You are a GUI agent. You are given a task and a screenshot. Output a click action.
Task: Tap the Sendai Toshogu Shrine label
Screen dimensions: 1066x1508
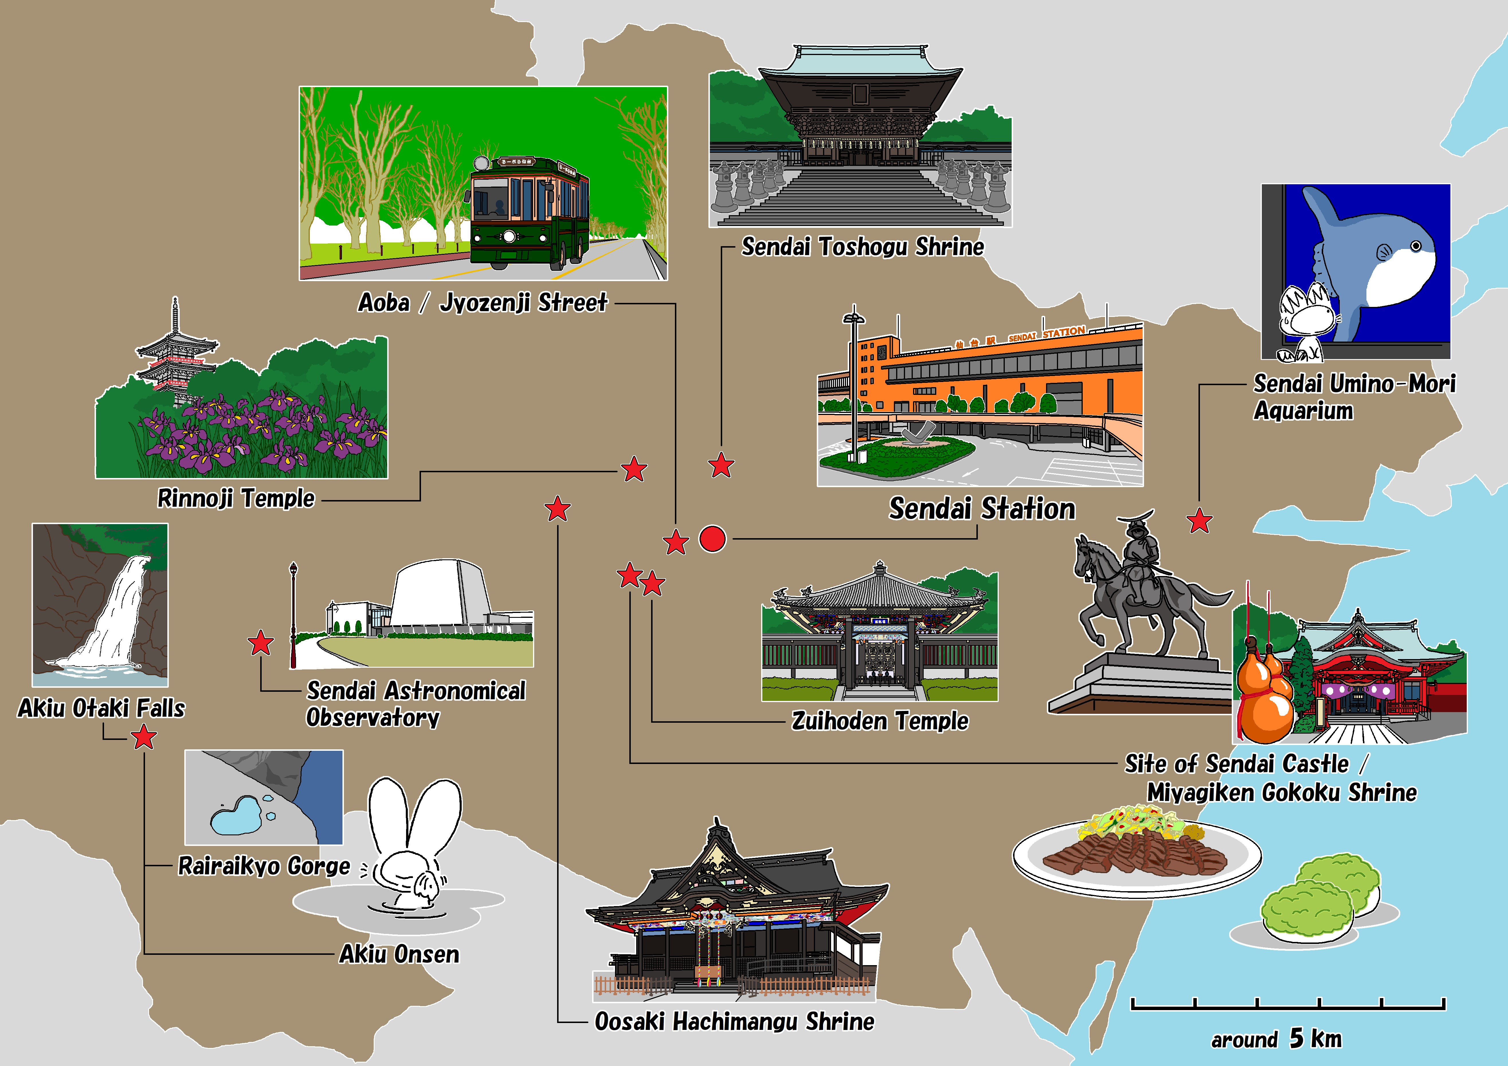[x=862, y=247]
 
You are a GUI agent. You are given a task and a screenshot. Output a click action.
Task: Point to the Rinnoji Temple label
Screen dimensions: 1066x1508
[x=236, y=498]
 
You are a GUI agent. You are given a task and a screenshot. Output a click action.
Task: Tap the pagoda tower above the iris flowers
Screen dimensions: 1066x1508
[x=175, y=355]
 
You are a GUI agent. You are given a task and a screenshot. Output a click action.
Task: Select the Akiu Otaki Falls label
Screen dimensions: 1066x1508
[x=101, y=708]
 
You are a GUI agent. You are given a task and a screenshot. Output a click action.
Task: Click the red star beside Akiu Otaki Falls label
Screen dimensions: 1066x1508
[x=144, y=738]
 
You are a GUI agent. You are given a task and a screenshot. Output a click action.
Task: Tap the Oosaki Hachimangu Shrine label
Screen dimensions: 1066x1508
[x=734, y=1021]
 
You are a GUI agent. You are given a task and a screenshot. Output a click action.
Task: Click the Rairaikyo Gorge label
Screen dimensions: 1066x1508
[x=264, y=866]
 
